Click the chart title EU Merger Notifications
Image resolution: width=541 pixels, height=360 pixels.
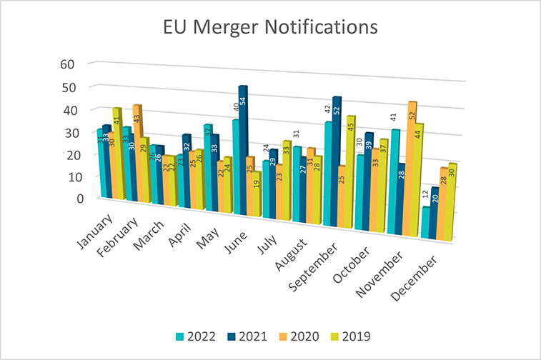pos(269,28)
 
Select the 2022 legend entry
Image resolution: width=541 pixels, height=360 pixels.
pos(201,336)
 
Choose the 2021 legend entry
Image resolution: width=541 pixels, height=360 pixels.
pos(251,336)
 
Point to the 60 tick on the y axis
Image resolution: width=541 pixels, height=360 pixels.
pos(68,64)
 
